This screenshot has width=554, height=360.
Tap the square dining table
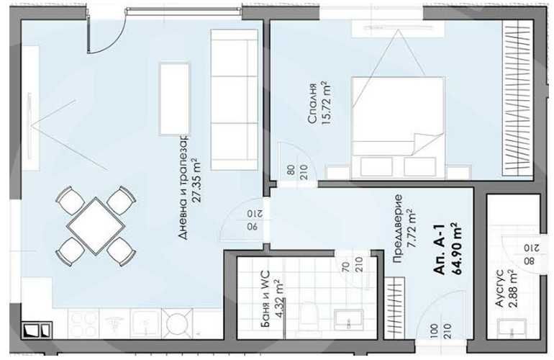pyautogui.click(x=96, y=225)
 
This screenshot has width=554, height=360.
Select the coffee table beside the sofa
pyautogui.click(x=174, y=98)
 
